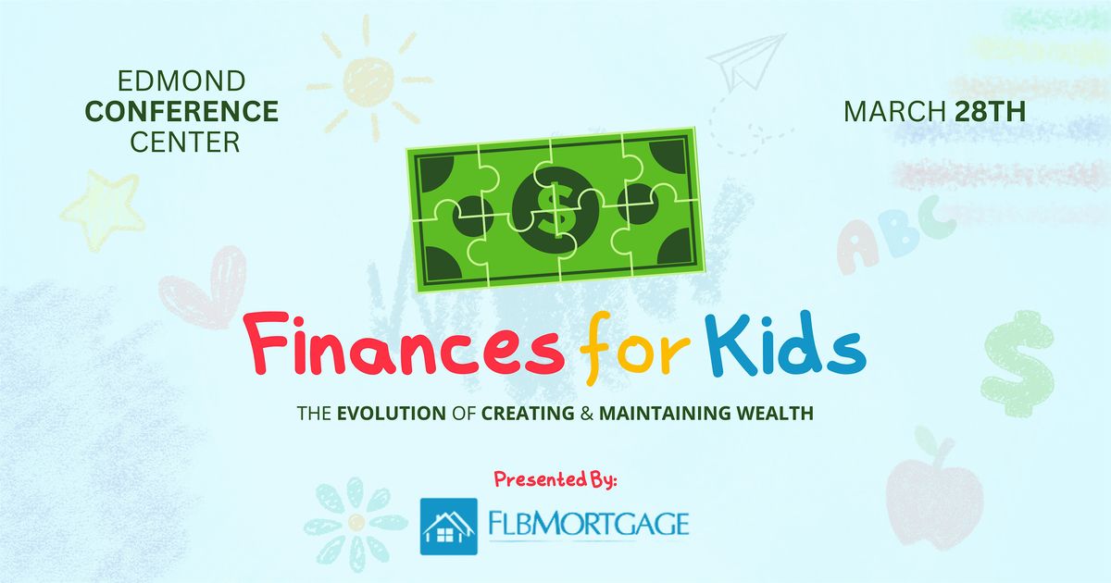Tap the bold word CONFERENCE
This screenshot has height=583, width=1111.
(181, 112)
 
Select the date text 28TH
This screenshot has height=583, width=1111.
(988, 112)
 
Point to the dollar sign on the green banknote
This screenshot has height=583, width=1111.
(554, 208)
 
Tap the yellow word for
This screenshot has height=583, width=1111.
(627, 351)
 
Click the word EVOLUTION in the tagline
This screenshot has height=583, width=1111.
(391, 414)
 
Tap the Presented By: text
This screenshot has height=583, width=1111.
(555, 479)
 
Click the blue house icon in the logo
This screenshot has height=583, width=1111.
(449, 527)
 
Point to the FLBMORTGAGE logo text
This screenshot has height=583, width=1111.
(589, 525)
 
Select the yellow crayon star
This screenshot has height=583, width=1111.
(103, 210)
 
